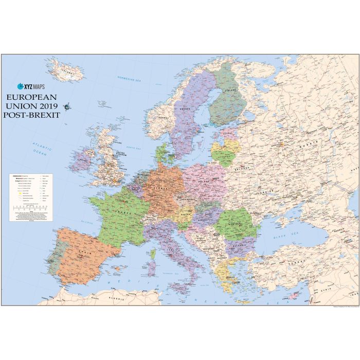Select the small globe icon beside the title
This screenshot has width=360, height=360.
68,106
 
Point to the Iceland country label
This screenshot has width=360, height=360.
66,72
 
